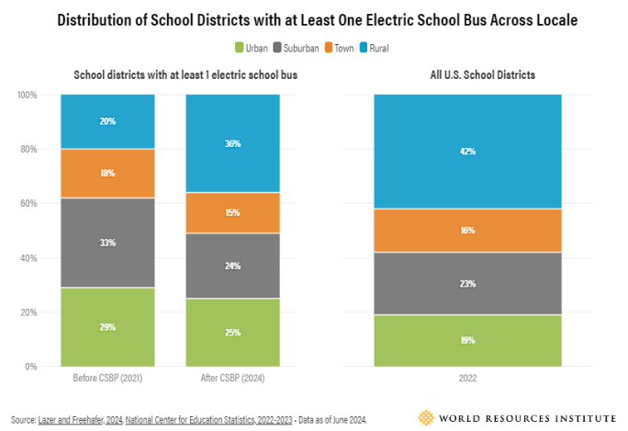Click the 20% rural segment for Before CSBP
pos(107,121)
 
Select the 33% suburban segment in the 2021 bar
pos(107,243)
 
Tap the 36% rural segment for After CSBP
pos(232,142)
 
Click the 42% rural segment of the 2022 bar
pos(467,152)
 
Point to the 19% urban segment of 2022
pos(467,340)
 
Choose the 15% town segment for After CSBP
pos(232,212)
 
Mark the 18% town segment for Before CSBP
pos(107,173)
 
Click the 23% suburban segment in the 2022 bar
pos(467,283)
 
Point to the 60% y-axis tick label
pos(28,203)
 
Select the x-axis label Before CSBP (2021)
pos(107,378)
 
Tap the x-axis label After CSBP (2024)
pos(232,378)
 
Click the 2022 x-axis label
pos(467,378)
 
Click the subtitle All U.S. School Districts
pos(467,74)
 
